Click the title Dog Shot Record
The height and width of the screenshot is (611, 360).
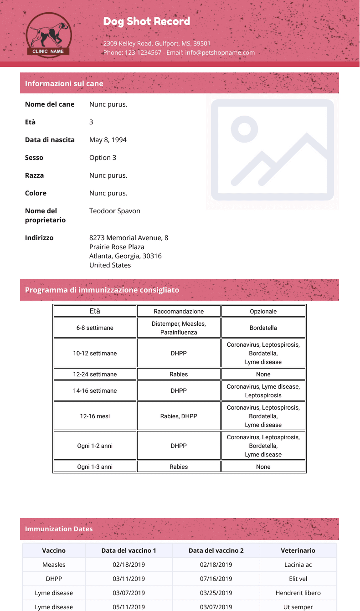pyautogui.click(x=146, y=21)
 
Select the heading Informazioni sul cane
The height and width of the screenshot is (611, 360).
pyautogui.click(x=64, y=83)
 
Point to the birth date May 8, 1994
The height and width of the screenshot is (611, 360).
pyautogui.click(x=108, y=140)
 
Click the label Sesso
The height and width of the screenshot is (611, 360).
pyautogui.click(x=34, y=158)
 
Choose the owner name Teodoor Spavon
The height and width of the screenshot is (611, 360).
pyautogui.click(x=115, y=211)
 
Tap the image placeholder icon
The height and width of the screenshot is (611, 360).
pyautogui.click(x=272, y=150)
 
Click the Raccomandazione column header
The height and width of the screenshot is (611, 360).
pyautogui.click(x=179, y=311)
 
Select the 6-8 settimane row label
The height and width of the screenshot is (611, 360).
pyautogui.click(x=95, y=328)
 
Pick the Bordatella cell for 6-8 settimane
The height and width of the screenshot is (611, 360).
pyautogui.click(x=263, y=328)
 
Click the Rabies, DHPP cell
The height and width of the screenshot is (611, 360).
pyautogui.click(x=179, y=416)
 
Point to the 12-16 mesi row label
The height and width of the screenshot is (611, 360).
pyautogui.click(x=95, y=416)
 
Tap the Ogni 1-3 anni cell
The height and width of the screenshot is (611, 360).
pyautogui.click(x=95, y=467)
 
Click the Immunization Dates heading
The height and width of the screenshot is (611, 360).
pyautogui.click(x=59, y=529)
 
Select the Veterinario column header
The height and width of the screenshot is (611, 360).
pyautogui.click(x=298, y=550)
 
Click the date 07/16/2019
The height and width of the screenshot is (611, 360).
pyautogui.click(x=216, y=579)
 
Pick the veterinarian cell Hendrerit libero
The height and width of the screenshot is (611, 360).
pyautogui.click(x=298, y=593)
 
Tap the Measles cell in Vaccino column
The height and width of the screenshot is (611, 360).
pyautogui.click(x=54, y=565)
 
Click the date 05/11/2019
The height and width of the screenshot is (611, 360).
pyautogui.click(x=129, y=607)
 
